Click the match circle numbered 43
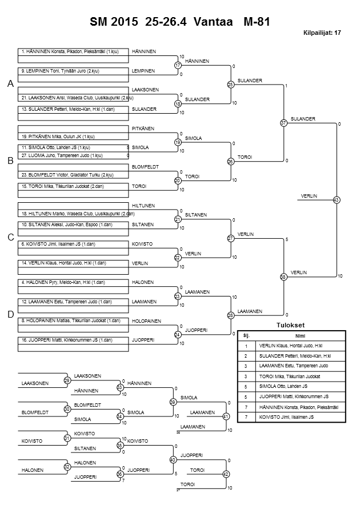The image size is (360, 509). pyautogui.click(x=337, y=200)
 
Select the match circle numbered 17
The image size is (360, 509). pyautogui.click(x=178, y=66)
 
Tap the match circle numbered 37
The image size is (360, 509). pyautogui.click(x=283, y=123)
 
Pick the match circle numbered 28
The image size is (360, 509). pyautogui.click(x=231, y=315)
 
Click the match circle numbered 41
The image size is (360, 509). pyautogui.click(x=226, y=416)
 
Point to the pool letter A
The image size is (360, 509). pyautogui.click(x=10, y=84)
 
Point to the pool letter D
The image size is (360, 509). pyautogui.click(x=10, y=314)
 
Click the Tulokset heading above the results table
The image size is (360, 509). pyautogui.click(x=291, y=326)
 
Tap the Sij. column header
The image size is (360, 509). pyautogui.click(x=246, y=335)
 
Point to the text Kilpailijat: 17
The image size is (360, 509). pyautogui.click(x=322, y=33)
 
